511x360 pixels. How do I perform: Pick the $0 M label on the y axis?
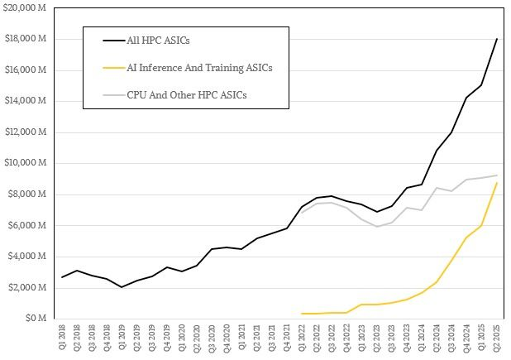(x=36, y=318)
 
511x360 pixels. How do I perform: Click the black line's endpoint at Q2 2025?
(x=496, y=39)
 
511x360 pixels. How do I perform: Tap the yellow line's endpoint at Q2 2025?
(x=496, y=183)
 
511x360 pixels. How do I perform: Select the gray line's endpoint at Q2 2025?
(x=496, y=175)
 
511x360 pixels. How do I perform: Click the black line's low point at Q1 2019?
(x=122, y=287)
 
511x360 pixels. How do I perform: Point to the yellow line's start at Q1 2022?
(x=302, y=314)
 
